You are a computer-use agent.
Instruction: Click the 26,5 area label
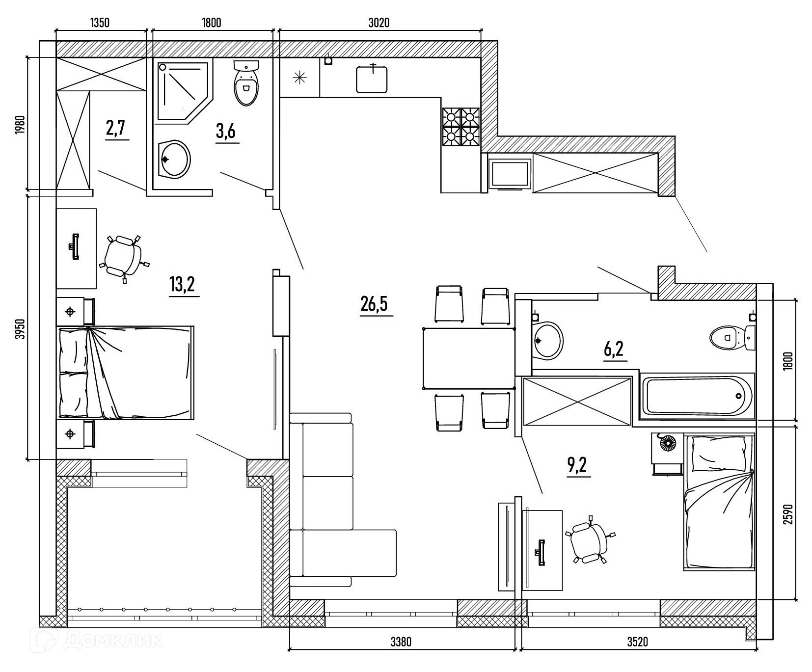(x=374, y=304)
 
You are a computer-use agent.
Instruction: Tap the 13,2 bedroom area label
(x=183, y=284)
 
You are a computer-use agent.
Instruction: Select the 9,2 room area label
(x=577, y=464)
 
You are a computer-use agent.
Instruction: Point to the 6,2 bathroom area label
(x=613, y=349)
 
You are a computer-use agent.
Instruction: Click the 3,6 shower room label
(x=226, y=132)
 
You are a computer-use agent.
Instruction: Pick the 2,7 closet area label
(x=116, y=129)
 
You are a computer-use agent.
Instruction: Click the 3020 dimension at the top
(x=379, y=23)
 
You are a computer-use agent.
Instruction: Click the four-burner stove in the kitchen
(x=461, y=127)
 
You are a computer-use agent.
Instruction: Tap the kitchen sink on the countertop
(x=372, y=79)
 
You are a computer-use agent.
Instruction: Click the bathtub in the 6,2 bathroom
(x=697, y=396)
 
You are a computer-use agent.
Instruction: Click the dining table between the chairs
(x=468, y=358)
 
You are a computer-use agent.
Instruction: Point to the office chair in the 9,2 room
(x=588, y=542)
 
